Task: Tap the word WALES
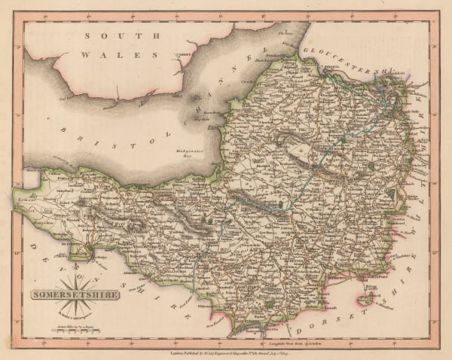[121, 54]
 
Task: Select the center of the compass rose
[90, 248]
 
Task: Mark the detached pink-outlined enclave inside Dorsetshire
[367, 300]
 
